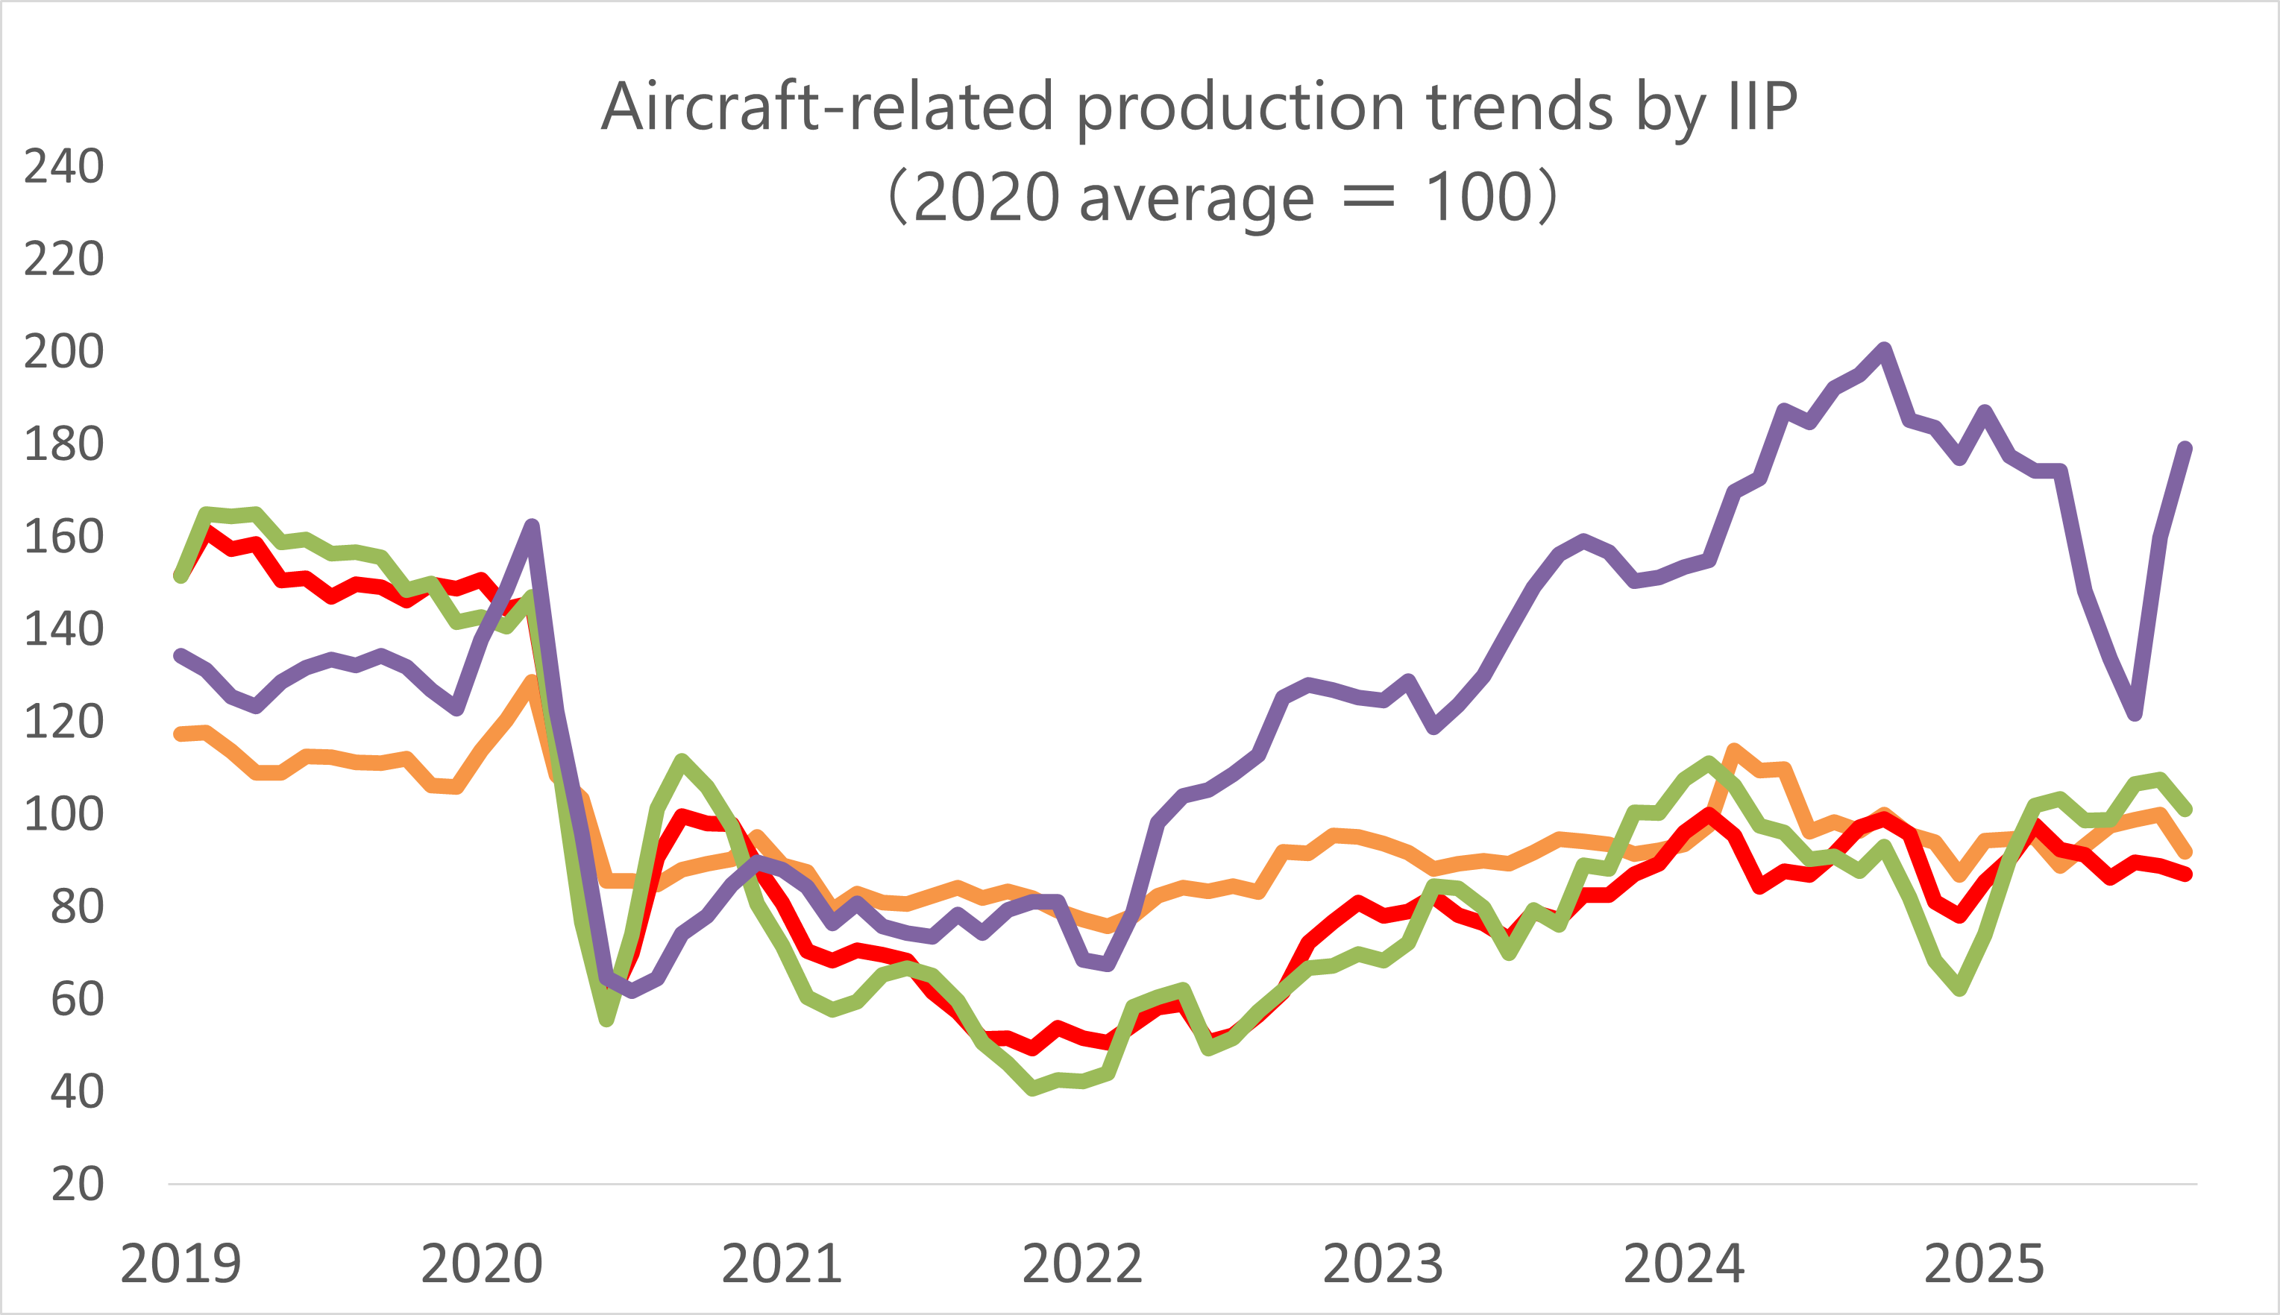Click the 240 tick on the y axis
(x=63, y=167)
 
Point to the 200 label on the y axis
(x=63, y=352)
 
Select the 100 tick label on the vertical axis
(x=63, y=815)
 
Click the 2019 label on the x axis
(x=180, y=1264)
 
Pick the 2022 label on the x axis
(x=1082, y=1264)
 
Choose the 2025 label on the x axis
(x=1984, y=1264)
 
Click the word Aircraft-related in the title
(x=827, y=107)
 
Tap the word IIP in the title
(x=1762, y=107)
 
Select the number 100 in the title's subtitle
(x=1477, y=197)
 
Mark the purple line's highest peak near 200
(x=1885, y=350)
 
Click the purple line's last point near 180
(x=2186, y=448)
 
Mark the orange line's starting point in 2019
(x=180, y=734)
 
